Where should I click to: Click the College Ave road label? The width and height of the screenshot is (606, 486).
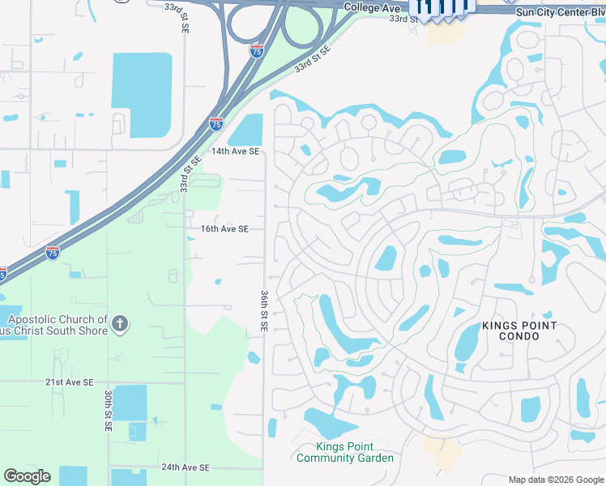coord(372,7)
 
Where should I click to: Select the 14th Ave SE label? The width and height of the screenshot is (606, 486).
coord(235,151)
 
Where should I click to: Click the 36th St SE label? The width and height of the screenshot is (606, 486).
coord(264,310)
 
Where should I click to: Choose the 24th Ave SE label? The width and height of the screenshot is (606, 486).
coord(185,467)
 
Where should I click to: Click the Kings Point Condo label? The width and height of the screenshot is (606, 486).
coord(519,331)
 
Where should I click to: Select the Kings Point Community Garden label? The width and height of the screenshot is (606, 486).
coord(345,453)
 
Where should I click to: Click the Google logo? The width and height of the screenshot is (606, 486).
coord(27,476)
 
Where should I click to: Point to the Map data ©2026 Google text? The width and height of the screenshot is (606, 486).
coord(556,480)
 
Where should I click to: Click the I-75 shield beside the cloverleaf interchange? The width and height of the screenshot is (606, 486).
coord(256,50)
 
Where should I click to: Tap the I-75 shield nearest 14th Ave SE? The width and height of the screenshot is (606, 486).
coord(216,124)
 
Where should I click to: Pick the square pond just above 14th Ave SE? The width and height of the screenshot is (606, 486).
coord(247,130)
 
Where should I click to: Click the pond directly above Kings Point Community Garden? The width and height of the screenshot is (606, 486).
coord(329,423)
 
